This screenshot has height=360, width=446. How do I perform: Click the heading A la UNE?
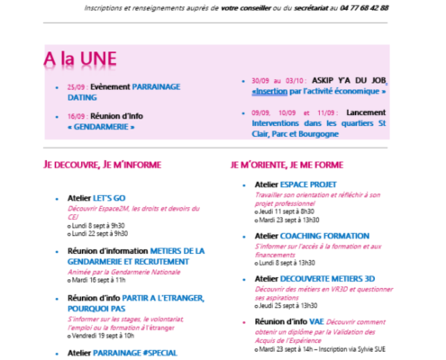(80, 59)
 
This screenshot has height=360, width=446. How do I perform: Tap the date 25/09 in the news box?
(76, 86)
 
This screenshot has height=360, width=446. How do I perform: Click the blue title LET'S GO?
(116, 197)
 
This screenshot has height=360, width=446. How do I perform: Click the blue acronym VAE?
(319, 320)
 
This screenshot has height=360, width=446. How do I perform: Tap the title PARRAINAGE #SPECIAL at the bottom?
(135, 353)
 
